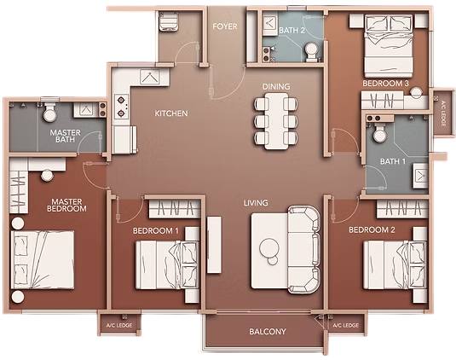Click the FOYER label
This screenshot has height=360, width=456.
(225, 26)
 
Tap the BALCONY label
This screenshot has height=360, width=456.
(268, 332)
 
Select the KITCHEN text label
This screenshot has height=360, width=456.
(171, 113)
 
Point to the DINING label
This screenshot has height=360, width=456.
(276, 86)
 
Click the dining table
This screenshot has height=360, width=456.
(276, 121)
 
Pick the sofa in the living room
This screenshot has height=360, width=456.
(304, 249)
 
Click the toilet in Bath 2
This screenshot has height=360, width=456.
(311, 52)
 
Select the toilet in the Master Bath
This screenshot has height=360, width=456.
(49, 112)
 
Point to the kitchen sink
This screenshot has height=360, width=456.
(149, 77)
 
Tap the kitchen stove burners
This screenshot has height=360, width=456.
(121, 107)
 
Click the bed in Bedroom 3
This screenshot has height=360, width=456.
(389, 46)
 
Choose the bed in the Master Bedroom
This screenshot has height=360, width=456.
(43, 260)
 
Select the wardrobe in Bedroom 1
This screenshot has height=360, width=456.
(175, 209)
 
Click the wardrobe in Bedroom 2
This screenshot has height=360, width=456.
(402, 208)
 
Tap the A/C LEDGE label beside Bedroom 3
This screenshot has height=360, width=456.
(443, 113)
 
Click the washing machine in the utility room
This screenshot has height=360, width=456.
(169, 21)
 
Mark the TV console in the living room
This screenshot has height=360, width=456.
(214, 245)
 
